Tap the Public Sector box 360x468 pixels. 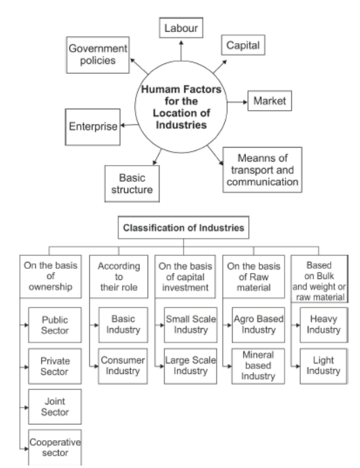(x=52, y=325)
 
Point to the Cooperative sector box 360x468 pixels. (x=52, y=448)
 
